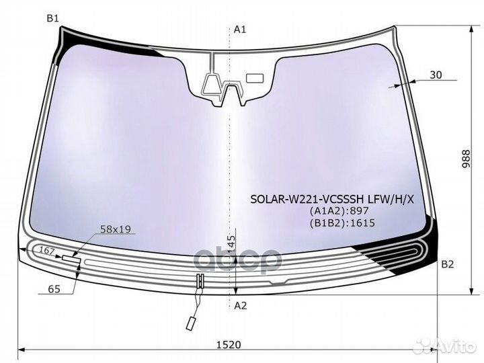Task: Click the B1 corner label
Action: [x=52, y=19]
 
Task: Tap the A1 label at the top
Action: [x=240, y=30]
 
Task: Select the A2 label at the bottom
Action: [x=241, y=306]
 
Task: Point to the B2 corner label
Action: [x=447, y=264]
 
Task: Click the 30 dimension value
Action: [x=436, y=75]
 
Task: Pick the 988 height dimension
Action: [x=466, y=159]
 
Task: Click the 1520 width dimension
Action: [x=229, y=344]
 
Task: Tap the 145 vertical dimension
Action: [x=231, y=245]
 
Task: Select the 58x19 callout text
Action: [x=116, y=229]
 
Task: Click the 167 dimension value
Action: [x=47, y=250]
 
